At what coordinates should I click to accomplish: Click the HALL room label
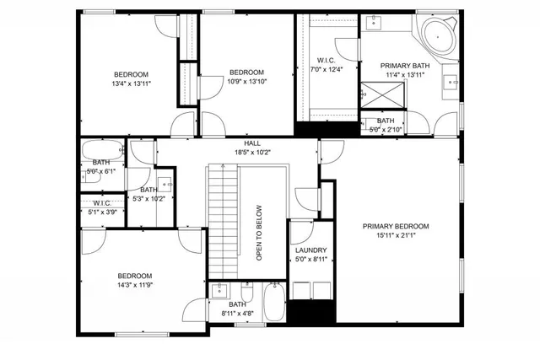pyautogui.click(x=252, y=144)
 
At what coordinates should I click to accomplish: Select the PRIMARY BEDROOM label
pyautogui.click(x=396, y=226)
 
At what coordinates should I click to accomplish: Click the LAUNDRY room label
pyautogui.click(x=310, y=250)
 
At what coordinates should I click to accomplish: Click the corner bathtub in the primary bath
pyautogui.click(x=438, y=36)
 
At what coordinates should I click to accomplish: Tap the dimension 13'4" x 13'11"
pyautogui.click(x=131, y=83)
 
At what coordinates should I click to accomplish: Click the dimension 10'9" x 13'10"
pyautogui.click(x=247, y=82)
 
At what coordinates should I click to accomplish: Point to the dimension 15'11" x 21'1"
pyautogui.click(x=396, y=236)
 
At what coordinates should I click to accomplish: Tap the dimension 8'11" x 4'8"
pyautogui.click(x=237, y=314)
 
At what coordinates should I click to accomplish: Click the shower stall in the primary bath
pyautogui.click(x=378, y=94)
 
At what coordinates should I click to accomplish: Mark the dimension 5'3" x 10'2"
pyautogui.click(x=148, y=199)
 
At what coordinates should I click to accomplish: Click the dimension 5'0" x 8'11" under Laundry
pyautogui.click(x=310, y=261)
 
